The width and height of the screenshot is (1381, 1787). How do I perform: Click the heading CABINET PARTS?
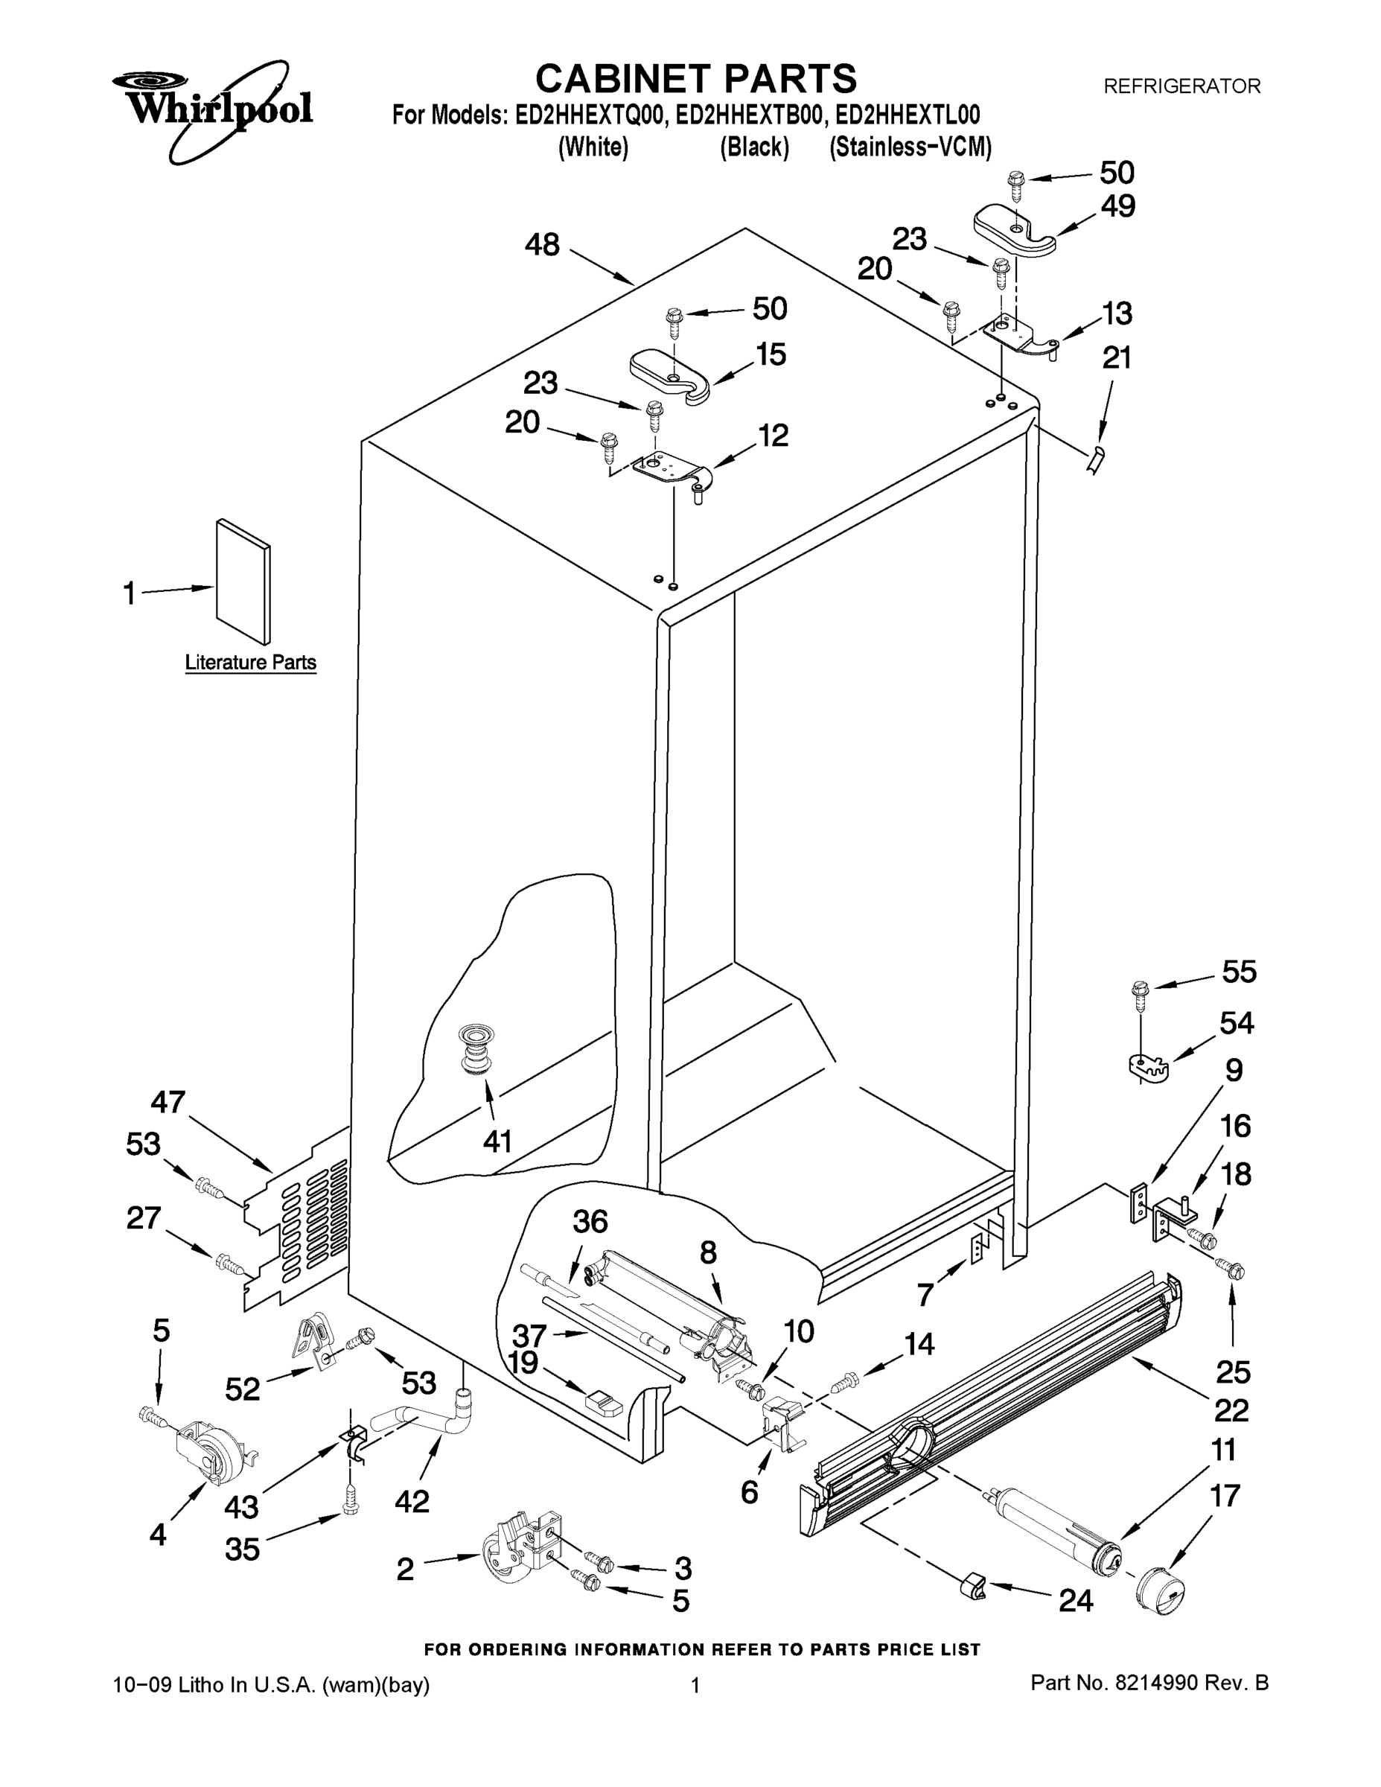click(x=695, y=80)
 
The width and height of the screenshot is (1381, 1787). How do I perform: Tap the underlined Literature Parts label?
click(x=250, y=662)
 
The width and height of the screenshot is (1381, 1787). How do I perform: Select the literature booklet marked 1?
click(x=243, y=581)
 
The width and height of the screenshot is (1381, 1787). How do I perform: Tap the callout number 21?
click(x=1117, y=357)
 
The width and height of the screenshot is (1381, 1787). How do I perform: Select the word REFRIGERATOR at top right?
click(x=1182, y=86)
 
